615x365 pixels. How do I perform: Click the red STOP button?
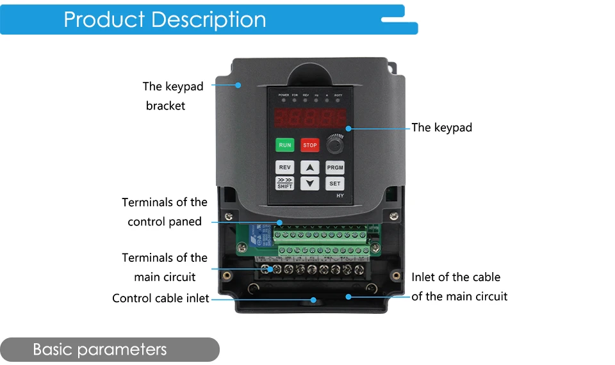coord(310,145)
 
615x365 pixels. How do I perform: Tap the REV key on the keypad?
coord(284,168)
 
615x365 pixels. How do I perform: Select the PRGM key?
coord(335,168)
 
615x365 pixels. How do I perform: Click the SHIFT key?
coord(284,184)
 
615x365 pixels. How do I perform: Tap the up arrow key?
coord(310,168)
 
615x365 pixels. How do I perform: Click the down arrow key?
coord(310,184)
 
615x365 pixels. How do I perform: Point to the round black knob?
coord(334,145)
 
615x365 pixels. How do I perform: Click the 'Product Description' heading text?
coord(165,20)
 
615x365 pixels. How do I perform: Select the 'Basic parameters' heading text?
coord(99,350)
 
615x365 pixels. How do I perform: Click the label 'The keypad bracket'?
coord(172,96)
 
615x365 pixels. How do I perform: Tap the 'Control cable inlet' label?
coord(160,298)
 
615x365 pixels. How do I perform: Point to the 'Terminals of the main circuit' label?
coord(165,267)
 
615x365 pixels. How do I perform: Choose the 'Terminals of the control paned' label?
coord(165,212)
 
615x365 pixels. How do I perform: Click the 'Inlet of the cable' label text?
coord(456,277)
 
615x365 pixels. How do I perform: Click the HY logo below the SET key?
coord(340,195)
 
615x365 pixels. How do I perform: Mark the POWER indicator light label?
coord(284,95)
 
